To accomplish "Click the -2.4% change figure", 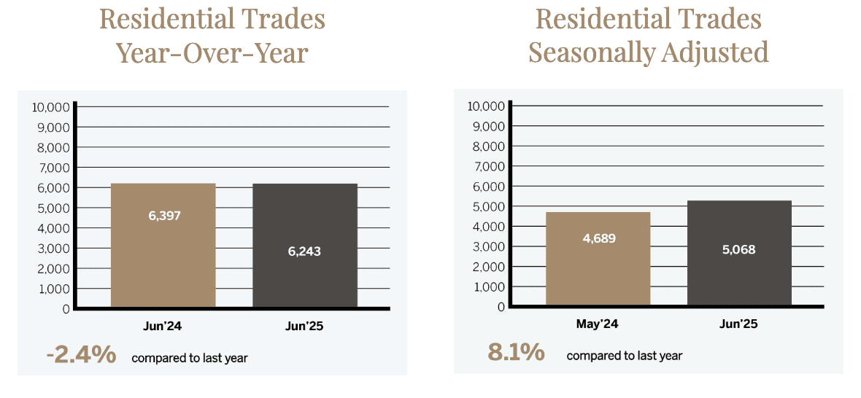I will [x=81, y=355].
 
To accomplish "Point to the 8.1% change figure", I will [x=516, y=353].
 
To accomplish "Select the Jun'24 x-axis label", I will [x=162, y=327].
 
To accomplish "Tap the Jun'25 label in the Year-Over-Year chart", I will [x=304, y=327].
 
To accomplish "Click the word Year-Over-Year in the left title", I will [x=212, y=53].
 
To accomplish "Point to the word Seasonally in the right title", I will [x=591, y=52].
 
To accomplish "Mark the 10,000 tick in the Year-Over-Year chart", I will [x=51, y=107].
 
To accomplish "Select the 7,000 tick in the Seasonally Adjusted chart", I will [x=487, y=166].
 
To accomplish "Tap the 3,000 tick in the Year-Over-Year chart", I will [x=53, y=249].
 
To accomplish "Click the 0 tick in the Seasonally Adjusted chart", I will [x=501, y=307].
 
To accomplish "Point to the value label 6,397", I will [x=163, y=216].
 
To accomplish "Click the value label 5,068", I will [x=738, y=250].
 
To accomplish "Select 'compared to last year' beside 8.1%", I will [x=624, y=356].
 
